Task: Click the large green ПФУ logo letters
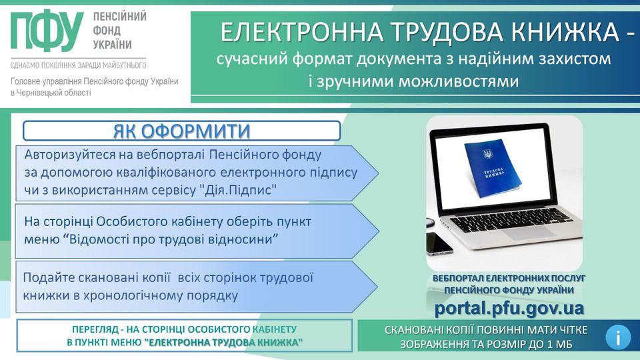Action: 47,31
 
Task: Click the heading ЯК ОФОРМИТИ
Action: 181,131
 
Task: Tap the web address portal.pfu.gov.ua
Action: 509,308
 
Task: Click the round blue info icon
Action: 618,337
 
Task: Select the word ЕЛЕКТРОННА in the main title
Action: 301,32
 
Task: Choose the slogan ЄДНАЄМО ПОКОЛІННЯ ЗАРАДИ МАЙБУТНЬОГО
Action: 79,65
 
